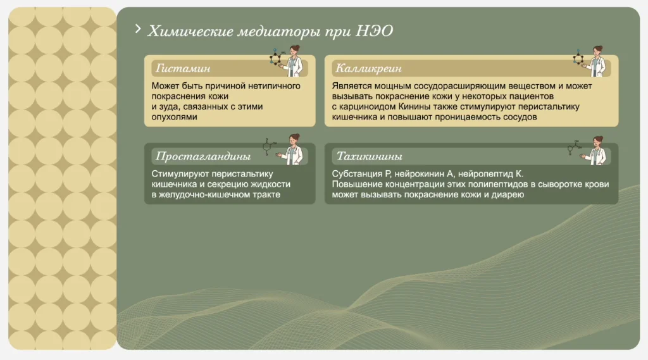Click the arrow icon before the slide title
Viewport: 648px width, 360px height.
coord(138,28)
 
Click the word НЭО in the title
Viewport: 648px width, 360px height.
coord(375,31)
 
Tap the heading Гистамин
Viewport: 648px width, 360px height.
coord(183,68)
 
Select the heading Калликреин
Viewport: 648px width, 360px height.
coord(368,68)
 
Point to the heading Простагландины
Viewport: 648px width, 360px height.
coord(203,156)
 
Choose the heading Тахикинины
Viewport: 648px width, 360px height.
coord(369,156)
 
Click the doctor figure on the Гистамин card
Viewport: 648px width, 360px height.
coord(294,61)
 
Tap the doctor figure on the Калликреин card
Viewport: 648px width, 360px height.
coord(597,61)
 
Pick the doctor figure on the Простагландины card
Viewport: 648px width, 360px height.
coord(293,149)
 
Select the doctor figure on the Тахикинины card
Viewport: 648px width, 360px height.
coord(596,151)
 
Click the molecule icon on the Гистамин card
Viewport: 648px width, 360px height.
coord(276,57)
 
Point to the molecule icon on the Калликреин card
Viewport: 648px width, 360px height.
coord(578,58)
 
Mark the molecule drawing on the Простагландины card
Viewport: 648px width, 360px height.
coord(269,147)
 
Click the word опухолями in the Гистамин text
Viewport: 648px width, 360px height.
coord(175,117)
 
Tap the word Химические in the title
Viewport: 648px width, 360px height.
coord(190,31)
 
